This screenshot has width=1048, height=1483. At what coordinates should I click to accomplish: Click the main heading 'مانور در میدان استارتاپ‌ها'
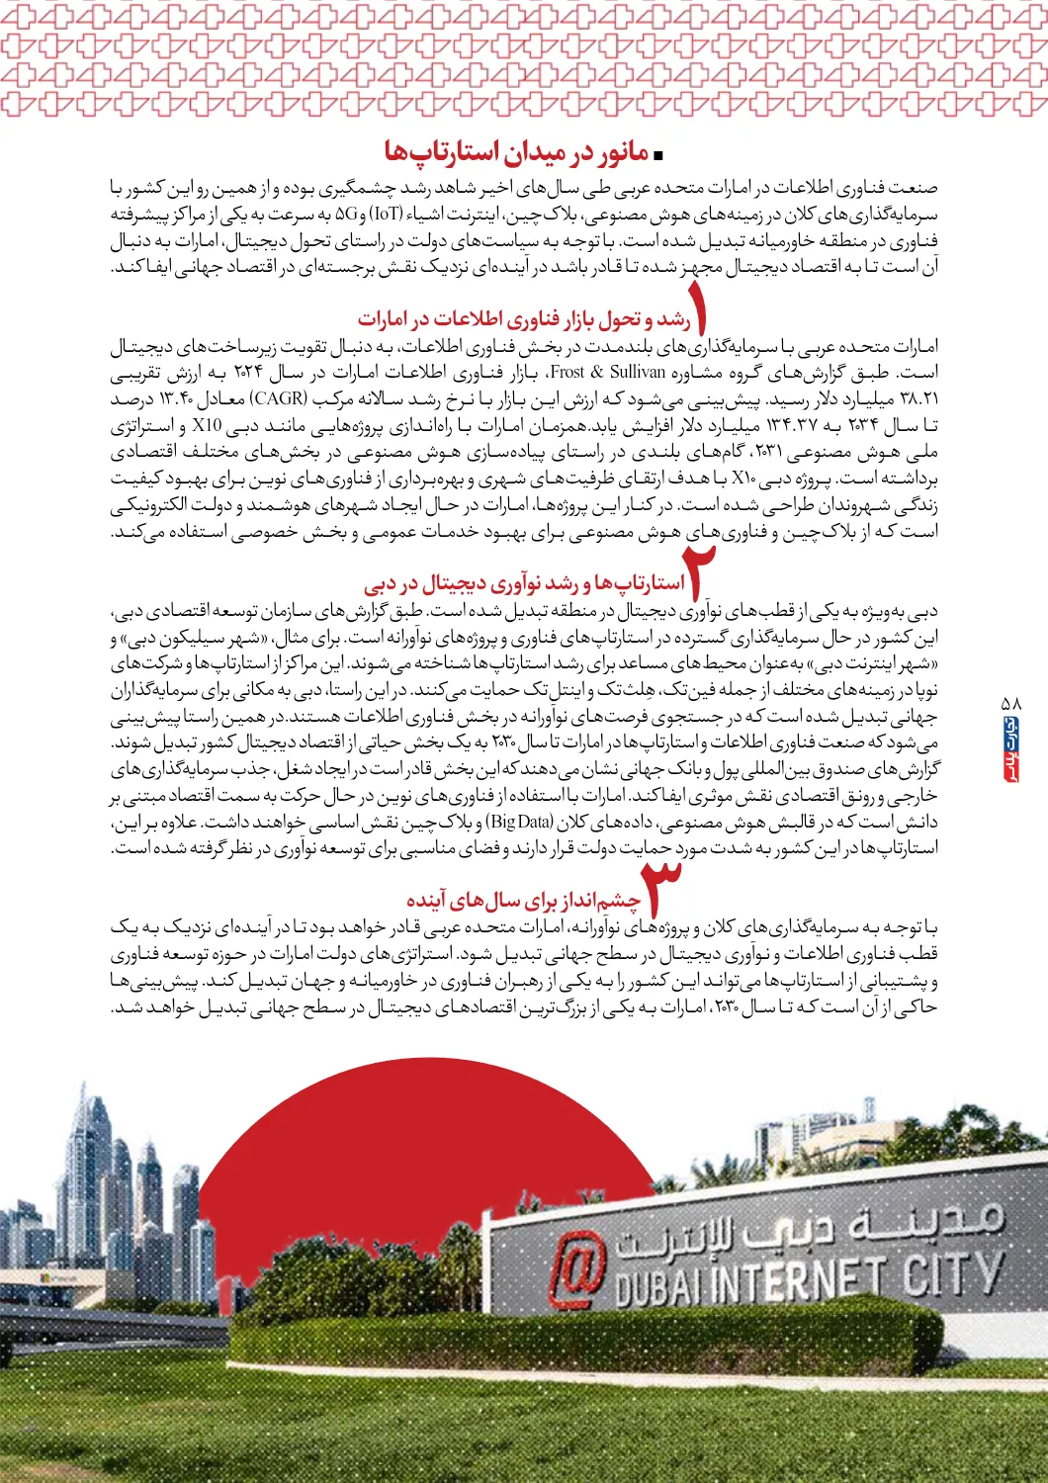tap(516, 152)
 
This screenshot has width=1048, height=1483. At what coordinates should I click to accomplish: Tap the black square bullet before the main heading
tap(659, 155)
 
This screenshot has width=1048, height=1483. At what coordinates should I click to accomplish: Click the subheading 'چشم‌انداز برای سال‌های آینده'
tap(523, 901)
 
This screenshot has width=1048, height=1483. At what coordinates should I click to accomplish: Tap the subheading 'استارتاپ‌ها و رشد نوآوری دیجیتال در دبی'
tap(524, 582)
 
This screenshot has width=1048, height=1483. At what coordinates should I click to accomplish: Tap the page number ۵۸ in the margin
tap(1010, 703)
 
